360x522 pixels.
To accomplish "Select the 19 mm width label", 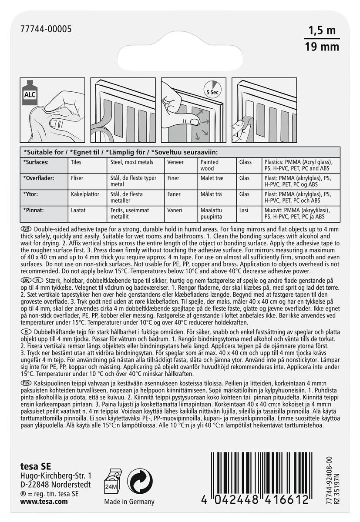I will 322,47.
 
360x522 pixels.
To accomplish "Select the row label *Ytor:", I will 33,194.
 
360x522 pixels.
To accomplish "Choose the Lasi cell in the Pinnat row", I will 243,210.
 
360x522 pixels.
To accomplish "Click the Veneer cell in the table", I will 175,162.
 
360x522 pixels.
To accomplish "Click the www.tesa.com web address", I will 44,501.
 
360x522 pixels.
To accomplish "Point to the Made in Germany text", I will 129,502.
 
